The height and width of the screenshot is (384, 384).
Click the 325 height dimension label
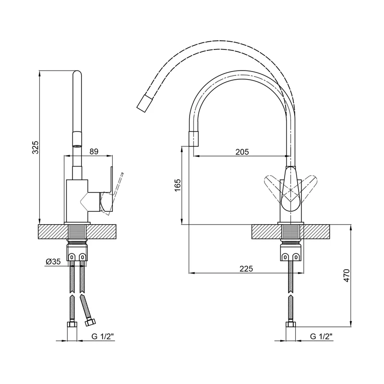click(36, 147)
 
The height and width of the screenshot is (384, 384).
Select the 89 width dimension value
click(94, 152)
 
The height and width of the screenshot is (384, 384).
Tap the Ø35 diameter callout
click(53, 262)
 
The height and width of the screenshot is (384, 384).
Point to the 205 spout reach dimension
click(242, 152)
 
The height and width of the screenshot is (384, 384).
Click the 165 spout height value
click(178, 185)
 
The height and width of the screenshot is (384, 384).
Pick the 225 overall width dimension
click(246, 269)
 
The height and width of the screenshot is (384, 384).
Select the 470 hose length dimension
click(347, 276)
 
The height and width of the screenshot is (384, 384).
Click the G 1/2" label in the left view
click(103, 336)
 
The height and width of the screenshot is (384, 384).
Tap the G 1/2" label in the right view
click(321, 336)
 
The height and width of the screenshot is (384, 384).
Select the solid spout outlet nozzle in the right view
click(193, 139)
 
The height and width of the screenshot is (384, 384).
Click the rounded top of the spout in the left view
click(77, 74)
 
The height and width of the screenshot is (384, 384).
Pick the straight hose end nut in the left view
click(72, 324)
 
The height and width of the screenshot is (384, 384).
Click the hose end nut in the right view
click(291, 324)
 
